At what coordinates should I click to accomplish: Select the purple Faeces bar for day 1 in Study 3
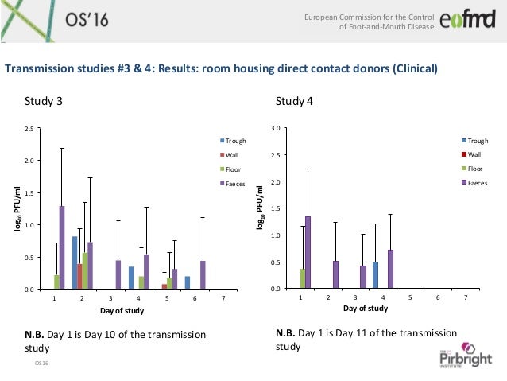click(x=62, y=247)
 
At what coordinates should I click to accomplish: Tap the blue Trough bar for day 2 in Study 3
click(x=75, y=262)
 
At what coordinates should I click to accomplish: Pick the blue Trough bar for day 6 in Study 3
click(x=188, y=282)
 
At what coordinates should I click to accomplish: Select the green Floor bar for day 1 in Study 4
click(x=302, y=278)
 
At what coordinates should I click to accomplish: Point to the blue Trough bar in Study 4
click(x=375, y=274)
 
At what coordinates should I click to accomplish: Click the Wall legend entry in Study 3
click(x=231, y=155)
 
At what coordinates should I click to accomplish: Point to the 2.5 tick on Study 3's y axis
click(x=29, y=129)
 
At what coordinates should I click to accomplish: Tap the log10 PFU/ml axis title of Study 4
click(x=260, y=208)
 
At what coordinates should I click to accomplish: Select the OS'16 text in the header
click(x=76, y=19)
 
